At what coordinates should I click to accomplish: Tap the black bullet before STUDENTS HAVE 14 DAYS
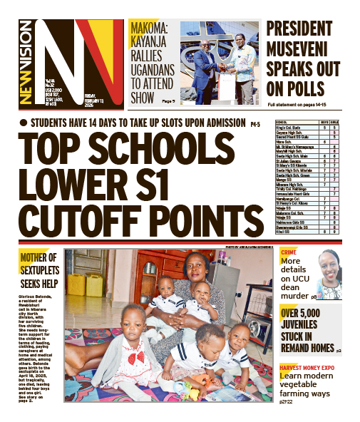pyautogui.click(x=24, y=123)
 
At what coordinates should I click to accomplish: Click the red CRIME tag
pyautogui.click(x=289, y=253)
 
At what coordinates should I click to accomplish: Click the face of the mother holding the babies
pyautogui.click(x=194, y=269)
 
